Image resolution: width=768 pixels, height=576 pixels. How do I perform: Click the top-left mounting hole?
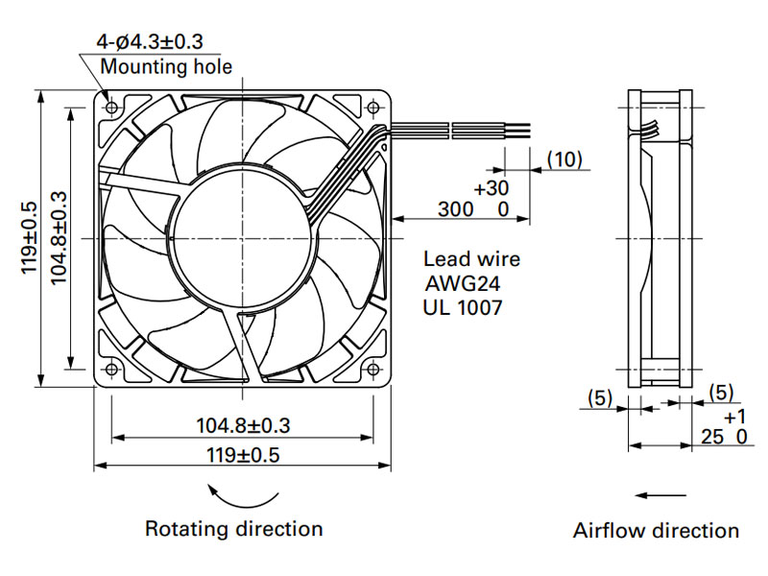point(111,107)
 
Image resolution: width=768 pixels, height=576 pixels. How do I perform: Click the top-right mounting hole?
point(373,107)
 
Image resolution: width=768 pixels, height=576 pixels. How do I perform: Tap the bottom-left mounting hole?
point(111,369)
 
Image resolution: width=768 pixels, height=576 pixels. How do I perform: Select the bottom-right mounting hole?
point(373,369)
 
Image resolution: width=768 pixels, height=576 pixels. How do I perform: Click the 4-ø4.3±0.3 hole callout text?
point(150,41)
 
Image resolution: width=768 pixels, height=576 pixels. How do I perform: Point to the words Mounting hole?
point(166,67)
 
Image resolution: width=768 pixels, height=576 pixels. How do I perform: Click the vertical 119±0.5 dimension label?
point(29,237)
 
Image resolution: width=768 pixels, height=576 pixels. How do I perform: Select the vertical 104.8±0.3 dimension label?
point(59,237)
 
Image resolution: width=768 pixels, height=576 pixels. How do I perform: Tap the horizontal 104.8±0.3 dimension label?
point(243,425)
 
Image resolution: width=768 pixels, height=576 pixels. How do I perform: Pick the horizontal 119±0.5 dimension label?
point(243,455)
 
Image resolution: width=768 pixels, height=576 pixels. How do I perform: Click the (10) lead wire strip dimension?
point(564,159)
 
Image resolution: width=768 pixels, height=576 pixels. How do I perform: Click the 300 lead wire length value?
point(455,209)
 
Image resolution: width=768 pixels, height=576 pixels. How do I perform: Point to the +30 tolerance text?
point(492,188)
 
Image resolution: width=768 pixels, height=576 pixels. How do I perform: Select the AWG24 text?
point(463,283)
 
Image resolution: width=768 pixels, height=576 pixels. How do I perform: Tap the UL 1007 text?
point(463,307)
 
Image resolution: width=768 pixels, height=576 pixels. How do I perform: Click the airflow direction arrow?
point(660,495)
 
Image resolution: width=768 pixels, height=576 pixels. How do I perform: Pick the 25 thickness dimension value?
point(711,437)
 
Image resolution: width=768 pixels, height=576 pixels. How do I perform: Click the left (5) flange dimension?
point(600,397)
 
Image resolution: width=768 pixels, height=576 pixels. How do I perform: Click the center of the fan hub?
point(243,238)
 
